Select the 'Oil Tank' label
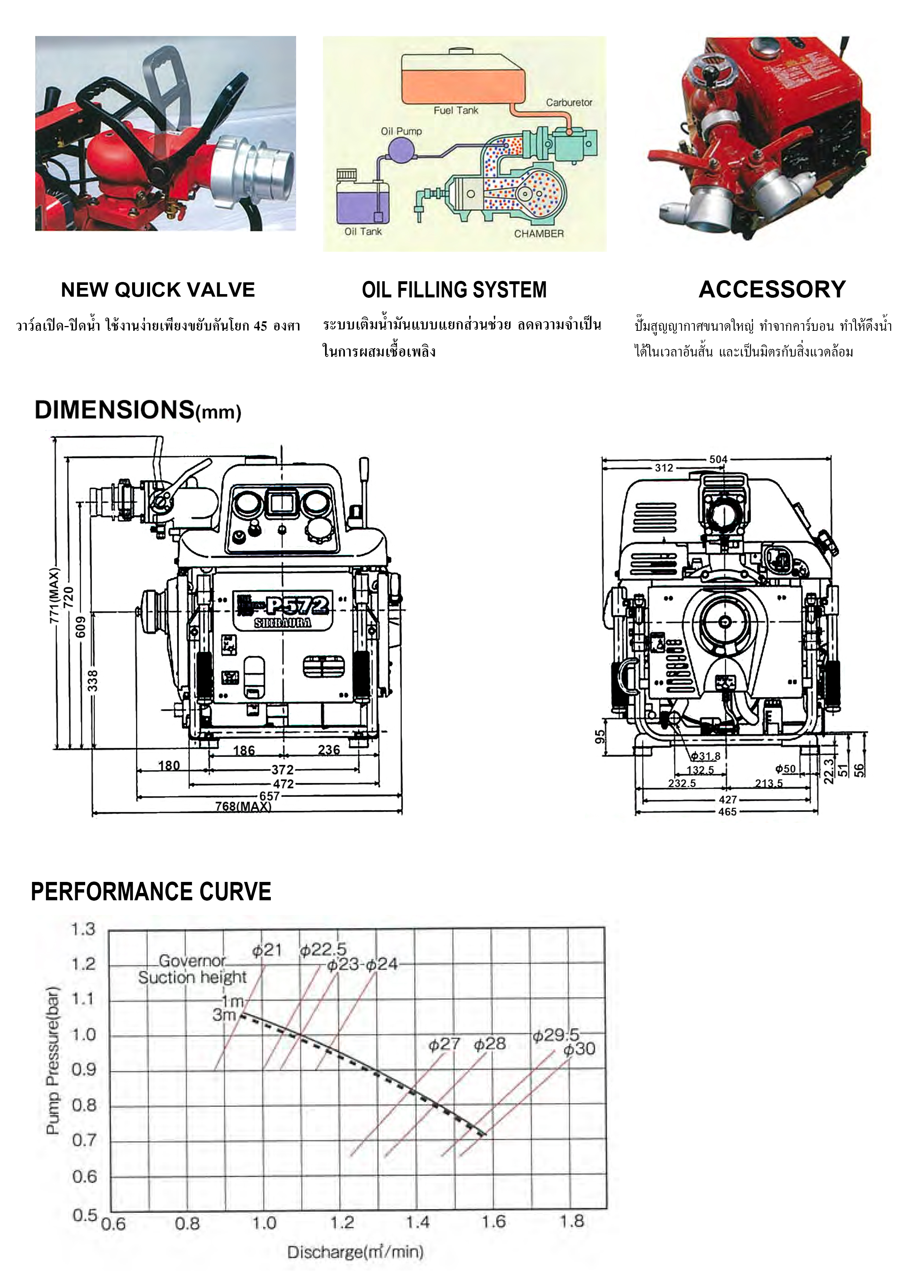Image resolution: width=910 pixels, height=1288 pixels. pos(363,232)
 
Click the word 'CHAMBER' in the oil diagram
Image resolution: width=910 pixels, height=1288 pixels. pos(539,234)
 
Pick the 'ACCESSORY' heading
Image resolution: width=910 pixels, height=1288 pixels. pos(772,289)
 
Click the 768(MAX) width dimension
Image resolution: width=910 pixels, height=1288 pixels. pos(243,806)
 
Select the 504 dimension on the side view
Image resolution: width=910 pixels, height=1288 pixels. pos(718,459)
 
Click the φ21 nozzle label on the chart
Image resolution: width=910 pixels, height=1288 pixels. pos(266,950)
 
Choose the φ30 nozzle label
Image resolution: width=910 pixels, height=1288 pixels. pos(579,1049)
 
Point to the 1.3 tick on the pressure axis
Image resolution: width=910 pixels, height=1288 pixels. pos(83,930)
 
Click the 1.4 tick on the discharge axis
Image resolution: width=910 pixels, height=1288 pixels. pos(417,1222)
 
